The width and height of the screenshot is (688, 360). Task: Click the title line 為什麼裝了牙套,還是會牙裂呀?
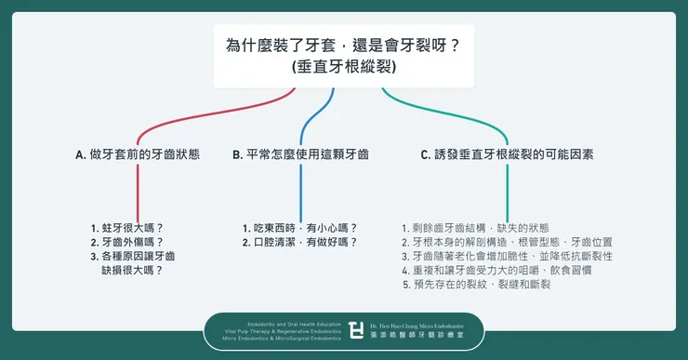[343, 45]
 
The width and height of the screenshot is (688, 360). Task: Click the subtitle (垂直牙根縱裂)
[343, 68]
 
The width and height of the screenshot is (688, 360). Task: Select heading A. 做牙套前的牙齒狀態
[139, 155]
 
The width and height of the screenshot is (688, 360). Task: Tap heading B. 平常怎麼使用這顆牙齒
[300, 155]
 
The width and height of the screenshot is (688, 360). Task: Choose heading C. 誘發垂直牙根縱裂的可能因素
[507, 155]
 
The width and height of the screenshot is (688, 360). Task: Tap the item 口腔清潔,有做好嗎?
[299, 242]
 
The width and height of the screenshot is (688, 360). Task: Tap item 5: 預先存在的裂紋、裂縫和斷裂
[476, 284]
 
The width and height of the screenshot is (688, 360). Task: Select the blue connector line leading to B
[300, 186]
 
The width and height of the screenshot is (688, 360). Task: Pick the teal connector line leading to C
[508, 186]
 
